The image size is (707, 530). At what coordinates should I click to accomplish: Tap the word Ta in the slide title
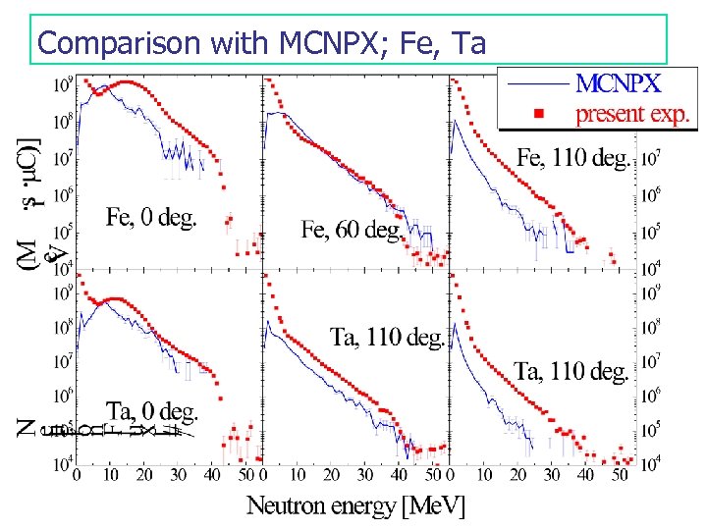(x=468, y=42)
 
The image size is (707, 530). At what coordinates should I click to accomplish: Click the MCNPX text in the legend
(x=618, y=80)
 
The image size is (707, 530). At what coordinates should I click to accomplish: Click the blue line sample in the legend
(x=537, y=81)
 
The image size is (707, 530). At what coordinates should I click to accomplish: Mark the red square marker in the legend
(x=537, y=114)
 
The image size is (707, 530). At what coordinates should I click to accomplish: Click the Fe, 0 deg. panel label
(x=151, y=217)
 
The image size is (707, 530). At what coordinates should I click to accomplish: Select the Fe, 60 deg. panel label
(x=351, y=230)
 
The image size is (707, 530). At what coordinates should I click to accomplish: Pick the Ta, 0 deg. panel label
(x=152, y=409)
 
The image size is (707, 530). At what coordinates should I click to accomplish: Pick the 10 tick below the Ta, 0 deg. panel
(x=111, y=476)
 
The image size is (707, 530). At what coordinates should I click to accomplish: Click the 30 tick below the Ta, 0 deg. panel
(x=178, y=476)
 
